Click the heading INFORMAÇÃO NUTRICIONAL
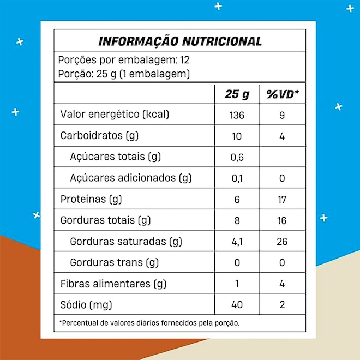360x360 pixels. point(179,41)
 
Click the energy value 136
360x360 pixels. point(237,115)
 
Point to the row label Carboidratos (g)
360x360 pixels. point(98,136)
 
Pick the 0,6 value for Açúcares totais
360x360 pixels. point(237,157)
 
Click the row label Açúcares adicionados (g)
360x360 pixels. point(131,178)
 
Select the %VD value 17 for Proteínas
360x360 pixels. point(282,199)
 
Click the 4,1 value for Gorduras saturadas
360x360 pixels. point(237,242)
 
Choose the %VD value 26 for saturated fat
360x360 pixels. point(282,242)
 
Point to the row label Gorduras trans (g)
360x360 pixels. point(115,262)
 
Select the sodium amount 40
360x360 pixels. point(237,304)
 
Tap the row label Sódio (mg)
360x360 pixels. point(86,304)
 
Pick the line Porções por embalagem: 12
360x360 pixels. point(123,60)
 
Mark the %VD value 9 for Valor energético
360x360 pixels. point(282,115)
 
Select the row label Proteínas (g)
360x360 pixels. point(90,199)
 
